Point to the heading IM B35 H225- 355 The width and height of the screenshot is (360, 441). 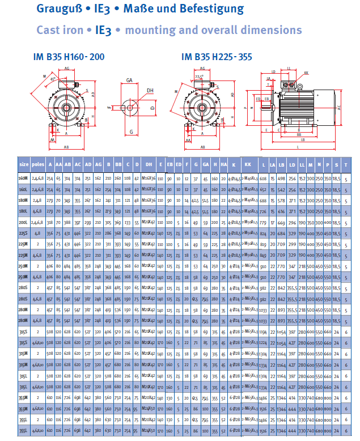pos(217,57)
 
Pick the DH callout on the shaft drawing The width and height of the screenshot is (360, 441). pos(150,90)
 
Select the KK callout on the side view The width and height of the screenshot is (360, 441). pos(306,73)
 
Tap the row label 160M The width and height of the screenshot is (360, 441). pos(24,178)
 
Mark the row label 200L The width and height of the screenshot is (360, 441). pos(24,222)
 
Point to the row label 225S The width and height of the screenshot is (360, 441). pos(24,232)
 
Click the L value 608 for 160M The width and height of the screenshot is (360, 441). pos(263,178)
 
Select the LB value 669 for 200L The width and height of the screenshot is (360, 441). pos(281,222)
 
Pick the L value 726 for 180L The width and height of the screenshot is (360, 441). pos(263,210)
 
